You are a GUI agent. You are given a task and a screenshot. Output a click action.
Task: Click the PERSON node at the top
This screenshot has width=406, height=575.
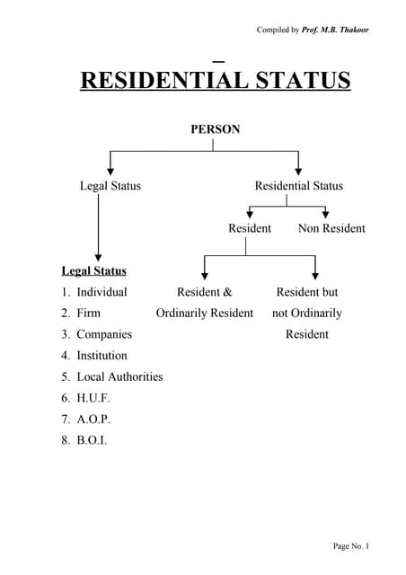215,129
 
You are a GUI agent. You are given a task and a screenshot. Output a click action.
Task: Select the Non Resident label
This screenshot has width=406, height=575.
331,228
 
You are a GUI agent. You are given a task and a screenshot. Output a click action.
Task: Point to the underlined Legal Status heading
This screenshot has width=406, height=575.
93,270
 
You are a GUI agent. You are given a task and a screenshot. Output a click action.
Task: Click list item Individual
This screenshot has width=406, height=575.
101,292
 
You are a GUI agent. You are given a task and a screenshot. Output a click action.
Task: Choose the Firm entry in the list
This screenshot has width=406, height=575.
88,313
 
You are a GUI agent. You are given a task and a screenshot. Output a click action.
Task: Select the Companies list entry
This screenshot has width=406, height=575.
103,334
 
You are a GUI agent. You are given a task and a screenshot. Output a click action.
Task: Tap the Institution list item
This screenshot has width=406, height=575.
101,355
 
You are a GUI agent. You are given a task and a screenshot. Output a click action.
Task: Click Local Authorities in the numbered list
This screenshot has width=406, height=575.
119,376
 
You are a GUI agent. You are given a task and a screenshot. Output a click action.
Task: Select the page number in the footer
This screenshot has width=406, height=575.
351,546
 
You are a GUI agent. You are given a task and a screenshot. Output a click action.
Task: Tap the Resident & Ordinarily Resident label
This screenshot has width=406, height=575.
205,303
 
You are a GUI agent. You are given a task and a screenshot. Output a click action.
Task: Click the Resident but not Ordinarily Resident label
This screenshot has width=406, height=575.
307,313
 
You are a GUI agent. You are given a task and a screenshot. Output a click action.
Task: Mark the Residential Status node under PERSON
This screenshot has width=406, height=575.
298,186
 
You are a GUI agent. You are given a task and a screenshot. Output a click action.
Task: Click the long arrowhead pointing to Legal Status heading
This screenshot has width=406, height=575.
97,255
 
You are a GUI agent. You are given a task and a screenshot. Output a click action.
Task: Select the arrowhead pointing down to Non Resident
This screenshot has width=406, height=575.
325,213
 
